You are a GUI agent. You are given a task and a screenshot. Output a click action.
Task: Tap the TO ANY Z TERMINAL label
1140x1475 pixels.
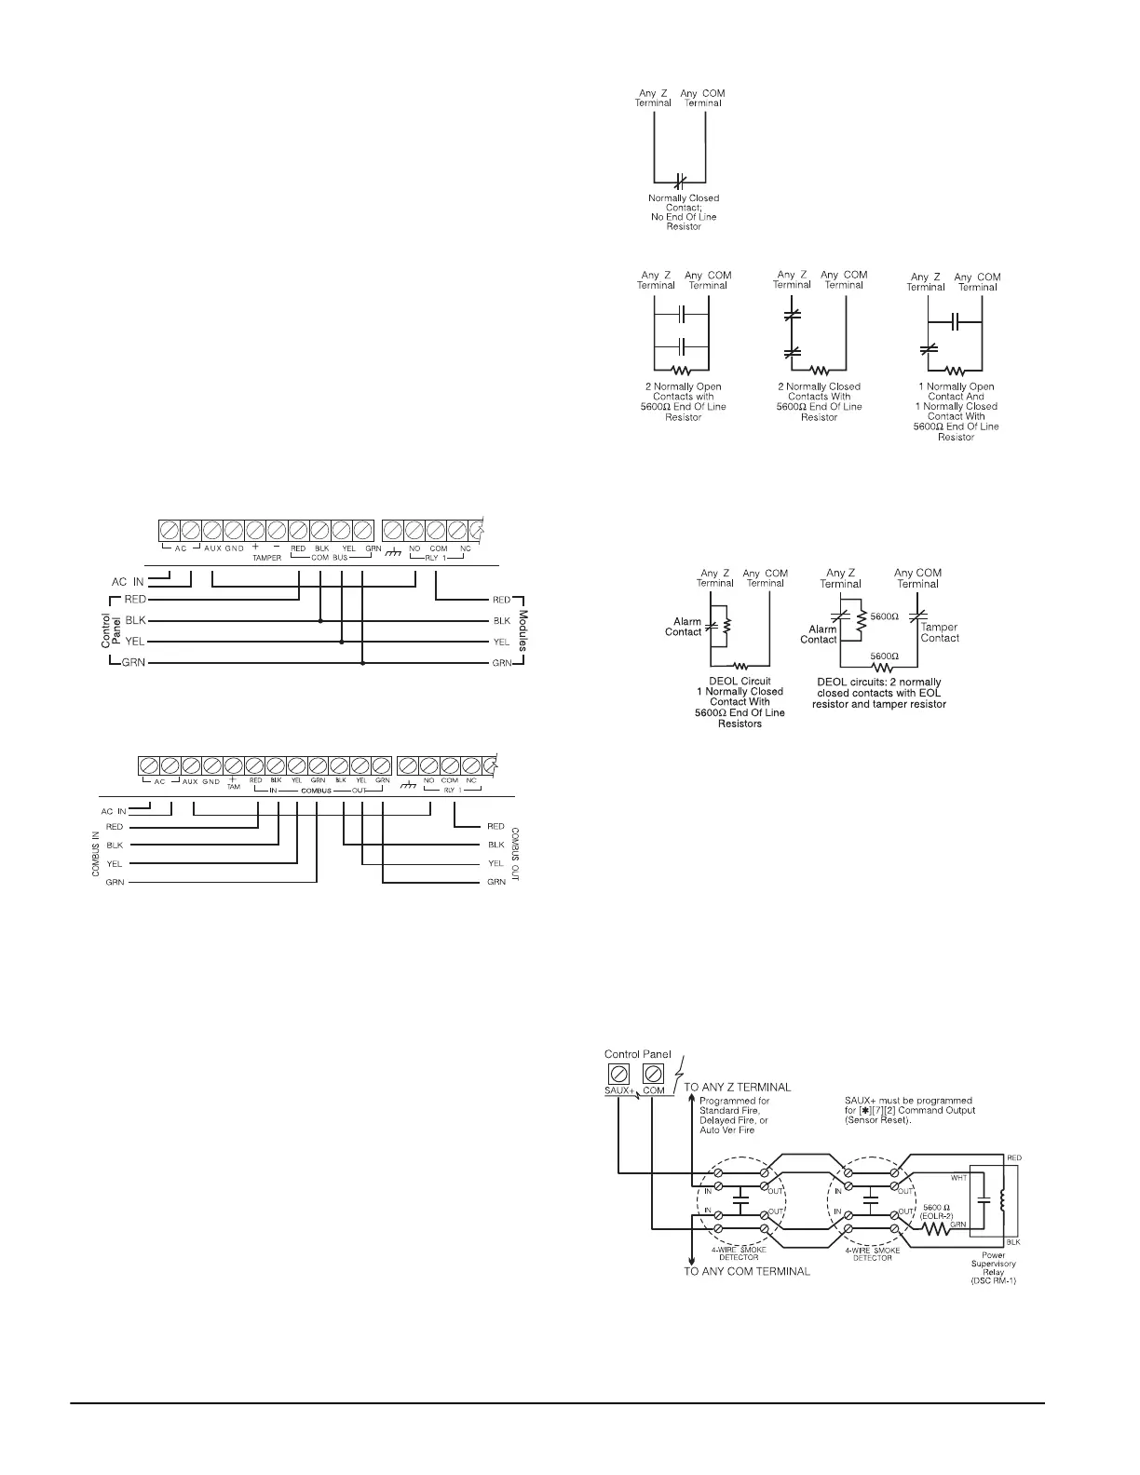[x=738, y=1087]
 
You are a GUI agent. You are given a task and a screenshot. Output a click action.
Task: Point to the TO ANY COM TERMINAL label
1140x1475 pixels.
[x=747, y=1270]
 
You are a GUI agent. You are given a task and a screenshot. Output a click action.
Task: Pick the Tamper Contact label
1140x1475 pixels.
[x=939, y=633]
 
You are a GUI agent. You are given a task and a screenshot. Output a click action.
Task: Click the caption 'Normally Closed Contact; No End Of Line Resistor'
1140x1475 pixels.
[x=684, y=212]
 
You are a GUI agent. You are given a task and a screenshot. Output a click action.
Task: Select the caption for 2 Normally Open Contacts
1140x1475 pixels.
[x=683, y=401]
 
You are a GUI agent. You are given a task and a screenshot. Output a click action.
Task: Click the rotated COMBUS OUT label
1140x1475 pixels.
[x=515, y=854]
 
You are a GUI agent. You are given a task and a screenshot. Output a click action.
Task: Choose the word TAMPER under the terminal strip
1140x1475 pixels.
[x=266, y=558]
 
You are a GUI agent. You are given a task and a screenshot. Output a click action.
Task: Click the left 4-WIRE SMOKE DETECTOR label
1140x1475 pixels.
[x=741, y=1252]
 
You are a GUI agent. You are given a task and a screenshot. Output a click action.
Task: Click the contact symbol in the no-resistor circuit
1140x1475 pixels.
[x=680, y=179]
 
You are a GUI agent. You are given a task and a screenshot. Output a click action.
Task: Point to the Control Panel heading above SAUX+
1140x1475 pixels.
[x=638, y=1054]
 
